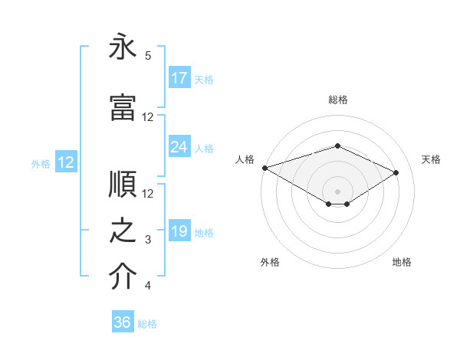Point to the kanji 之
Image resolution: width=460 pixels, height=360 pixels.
click(123, 231)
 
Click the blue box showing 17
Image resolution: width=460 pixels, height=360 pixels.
click(179, 78)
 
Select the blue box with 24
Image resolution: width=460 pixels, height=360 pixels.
click(179, 147)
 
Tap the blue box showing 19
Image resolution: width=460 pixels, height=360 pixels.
click(179, 231)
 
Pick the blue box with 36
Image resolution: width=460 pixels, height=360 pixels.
click(123, 322)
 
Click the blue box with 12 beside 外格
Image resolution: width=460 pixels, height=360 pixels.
click(66, 162)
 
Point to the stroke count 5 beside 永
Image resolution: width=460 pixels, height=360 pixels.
click(148, 56)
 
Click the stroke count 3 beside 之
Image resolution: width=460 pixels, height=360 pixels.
click(148, 241)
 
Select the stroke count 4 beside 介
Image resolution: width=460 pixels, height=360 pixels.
click(148, 286)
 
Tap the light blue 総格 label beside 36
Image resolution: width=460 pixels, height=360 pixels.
click(147, 324)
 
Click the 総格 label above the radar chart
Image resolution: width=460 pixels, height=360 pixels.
click(337, 100)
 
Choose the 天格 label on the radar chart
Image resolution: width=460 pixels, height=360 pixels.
click(431, 159)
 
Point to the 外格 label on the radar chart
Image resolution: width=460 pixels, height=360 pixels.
click(270, 262)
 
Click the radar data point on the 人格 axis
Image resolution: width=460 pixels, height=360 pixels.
click(264, 168)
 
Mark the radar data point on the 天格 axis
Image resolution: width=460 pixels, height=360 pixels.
click(396, 172)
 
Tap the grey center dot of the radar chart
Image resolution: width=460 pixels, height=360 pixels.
click(337, 190)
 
